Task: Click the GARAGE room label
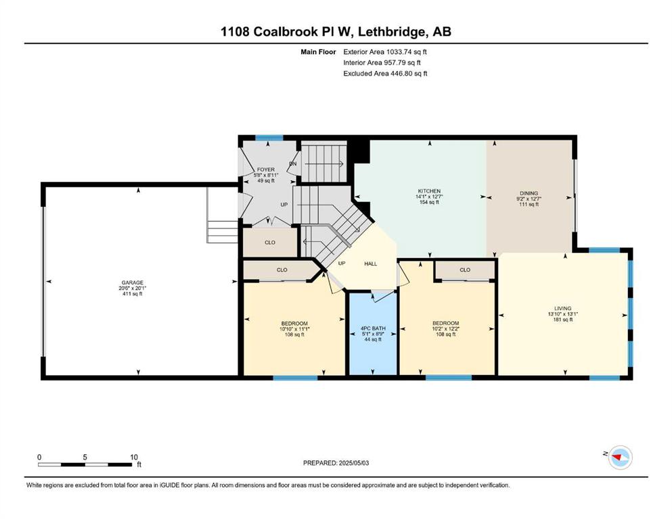tap(133, 282)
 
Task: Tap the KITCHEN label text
tap(429, 191)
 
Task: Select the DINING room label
tap(529, 193)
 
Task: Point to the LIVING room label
tap(563, 308)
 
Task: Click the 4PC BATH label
tap(373, 328)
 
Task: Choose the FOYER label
tap(266, 170)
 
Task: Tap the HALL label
tap(371, 264)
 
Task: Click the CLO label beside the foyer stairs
tap(270, 242)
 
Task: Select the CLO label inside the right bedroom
tap(465, 270)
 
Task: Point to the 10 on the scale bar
tap(134, 457)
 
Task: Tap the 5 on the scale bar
tap(85, 457)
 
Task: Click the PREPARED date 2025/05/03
tap(353, 462)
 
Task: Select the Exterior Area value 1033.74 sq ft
tap(407, 52)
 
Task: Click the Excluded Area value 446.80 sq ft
tap(409, 73)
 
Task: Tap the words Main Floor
tap(318, 52)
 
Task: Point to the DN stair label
tap(293, 164)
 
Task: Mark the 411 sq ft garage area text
tap(133, 293)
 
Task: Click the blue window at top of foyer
tap(269, 138)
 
